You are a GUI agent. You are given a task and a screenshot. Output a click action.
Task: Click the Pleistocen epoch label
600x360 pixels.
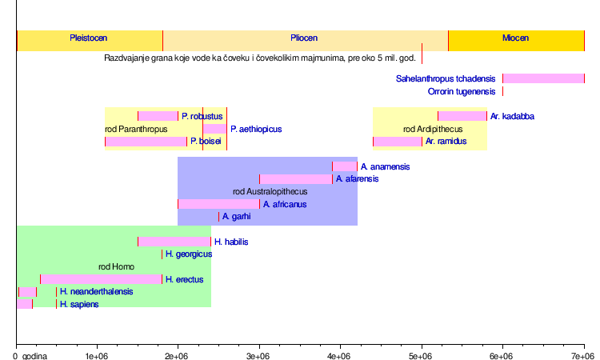click(x=89, y=38)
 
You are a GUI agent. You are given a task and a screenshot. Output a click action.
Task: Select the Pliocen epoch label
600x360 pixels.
click(x=304, y=38)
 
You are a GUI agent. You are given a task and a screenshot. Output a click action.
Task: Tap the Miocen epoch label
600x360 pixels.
click(x=515, y=38)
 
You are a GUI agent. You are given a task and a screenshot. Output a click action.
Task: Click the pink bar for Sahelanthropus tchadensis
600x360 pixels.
click(x=543, y=78)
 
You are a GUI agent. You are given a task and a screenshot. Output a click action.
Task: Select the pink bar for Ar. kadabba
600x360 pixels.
click(x=462, y=116)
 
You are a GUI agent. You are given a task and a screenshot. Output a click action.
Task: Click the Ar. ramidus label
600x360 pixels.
click(x=446, y=142)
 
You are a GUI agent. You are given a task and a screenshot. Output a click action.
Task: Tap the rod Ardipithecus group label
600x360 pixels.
click(x=433, y=129)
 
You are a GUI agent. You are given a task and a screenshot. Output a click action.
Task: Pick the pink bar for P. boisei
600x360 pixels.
click(x=146, y=142)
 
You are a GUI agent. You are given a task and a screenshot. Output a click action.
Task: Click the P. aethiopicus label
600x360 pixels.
click(x=256, y=129)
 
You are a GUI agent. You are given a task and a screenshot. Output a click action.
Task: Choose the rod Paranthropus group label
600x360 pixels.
click(x=136, y=129)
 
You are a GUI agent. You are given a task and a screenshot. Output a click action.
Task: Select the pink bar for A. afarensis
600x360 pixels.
click(x=295, y=179)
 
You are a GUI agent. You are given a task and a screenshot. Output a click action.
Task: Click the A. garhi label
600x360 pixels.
click(x=237, y=217)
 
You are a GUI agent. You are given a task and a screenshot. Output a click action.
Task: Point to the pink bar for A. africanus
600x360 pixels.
click(x=218, y=204)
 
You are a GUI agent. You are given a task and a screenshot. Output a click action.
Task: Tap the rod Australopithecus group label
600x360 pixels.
click(x=270, y=192)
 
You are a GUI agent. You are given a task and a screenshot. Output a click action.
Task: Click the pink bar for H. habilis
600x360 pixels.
click(x=174, y=242)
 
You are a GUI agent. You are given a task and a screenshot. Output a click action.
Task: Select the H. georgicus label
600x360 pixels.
click(x=189, y=254)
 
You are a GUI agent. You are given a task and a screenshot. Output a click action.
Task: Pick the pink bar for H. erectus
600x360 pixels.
click(x=101, y=279)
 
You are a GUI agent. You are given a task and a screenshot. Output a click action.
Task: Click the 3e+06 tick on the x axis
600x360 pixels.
click(x=259, y=354)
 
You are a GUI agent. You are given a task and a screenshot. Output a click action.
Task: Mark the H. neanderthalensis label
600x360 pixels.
click(x=96, y=292)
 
